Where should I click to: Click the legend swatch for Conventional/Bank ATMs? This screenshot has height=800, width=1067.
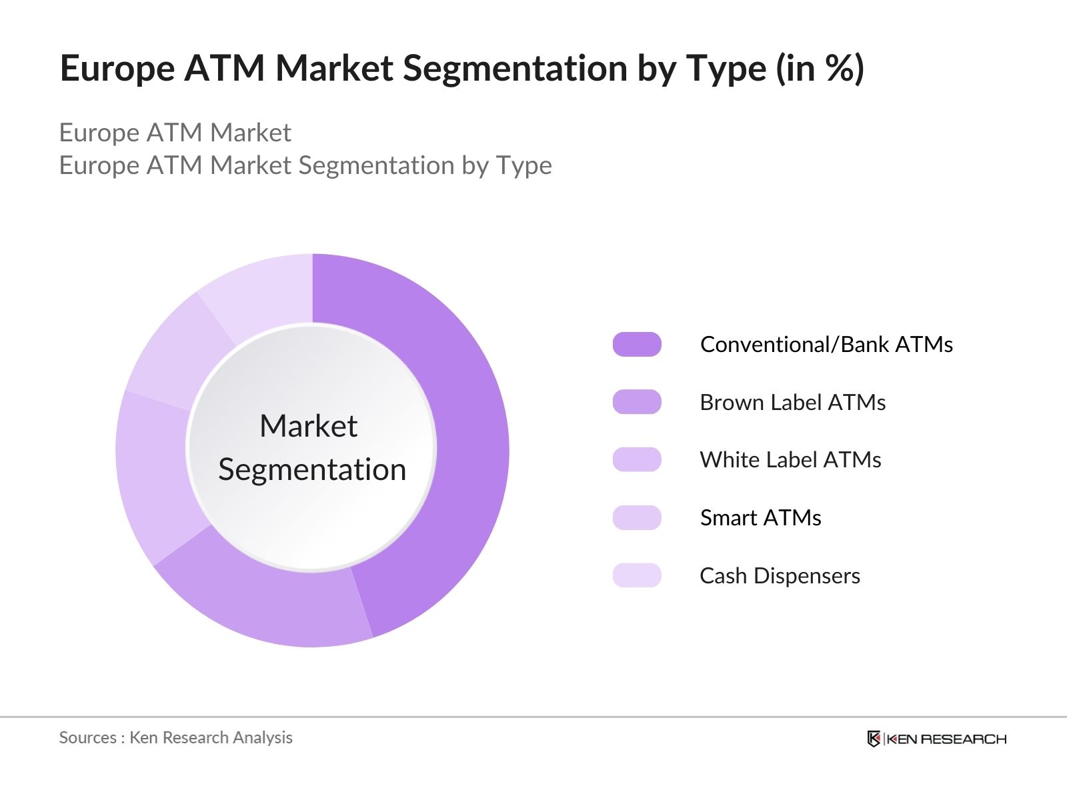637,344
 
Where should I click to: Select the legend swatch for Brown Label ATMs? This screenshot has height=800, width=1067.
637,402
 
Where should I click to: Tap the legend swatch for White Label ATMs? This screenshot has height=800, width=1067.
637,460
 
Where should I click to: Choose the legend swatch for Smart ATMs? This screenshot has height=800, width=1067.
637,517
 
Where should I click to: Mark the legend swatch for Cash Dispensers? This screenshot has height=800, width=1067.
637,575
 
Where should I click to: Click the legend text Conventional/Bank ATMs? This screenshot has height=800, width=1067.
826,344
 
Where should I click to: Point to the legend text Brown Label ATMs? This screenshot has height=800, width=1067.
792,402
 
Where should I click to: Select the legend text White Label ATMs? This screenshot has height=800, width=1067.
790,460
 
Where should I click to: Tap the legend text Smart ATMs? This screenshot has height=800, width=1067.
760,517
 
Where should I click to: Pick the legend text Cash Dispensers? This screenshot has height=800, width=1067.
780,575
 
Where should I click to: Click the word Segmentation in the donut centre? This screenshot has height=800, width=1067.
312,469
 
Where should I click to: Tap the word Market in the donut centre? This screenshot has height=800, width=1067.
308,426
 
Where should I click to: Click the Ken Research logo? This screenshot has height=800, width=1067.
936,739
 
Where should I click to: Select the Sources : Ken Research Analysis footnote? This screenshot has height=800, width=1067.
175,737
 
